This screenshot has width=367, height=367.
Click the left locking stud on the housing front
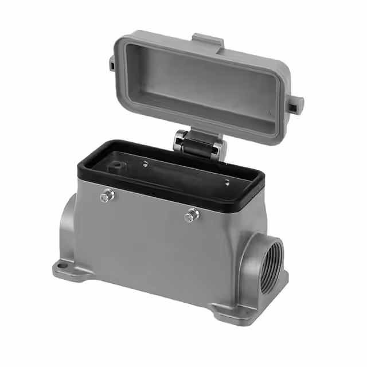pos(106,197)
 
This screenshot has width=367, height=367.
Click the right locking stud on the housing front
pos(192,216)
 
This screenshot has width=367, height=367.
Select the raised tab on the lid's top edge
pos(208,41)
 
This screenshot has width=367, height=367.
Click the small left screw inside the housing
pos(145,164)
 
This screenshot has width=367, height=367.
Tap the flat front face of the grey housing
pos(149,247)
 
